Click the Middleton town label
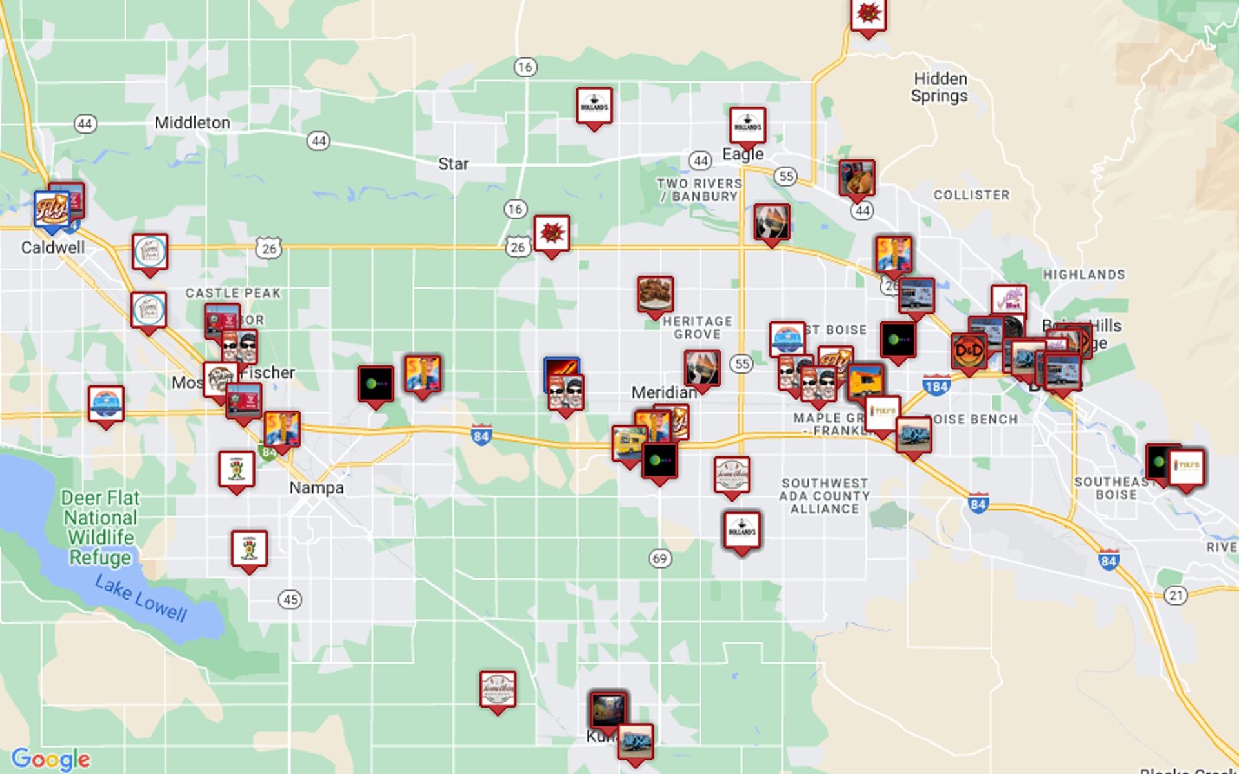click(x=192, y=123)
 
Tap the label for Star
click(x=453, y=164)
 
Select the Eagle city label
click(x=743, y=154)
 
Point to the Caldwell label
click(x=53, y=248)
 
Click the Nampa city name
click(x=316, y=488)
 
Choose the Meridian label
click(x=663, y=392)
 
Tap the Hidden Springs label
click(x=940, y=87)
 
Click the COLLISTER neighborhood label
click(x=971, y=195)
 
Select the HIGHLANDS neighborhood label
click(x=1084, y=275)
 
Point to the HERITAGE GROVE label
click(x=698, y=328)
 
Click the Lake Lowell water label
click(x=141, y=599)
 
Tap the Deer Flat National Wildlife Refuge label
click(x=101, y=527)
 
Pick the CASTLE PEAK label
click(x=233, y=294)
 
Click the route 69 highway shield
click(x=660, y=558)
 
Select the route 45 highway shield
click(x=290, y=600)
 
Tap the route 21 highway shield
click(x=1176, y=595)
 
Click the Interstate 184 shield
click(x=936, y=386)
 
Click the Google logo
click(x=51, y=759)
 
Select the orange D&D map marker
click(x=969, y=351)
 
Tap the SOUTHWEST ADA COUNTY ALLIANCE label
click(x=825, y=496)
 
